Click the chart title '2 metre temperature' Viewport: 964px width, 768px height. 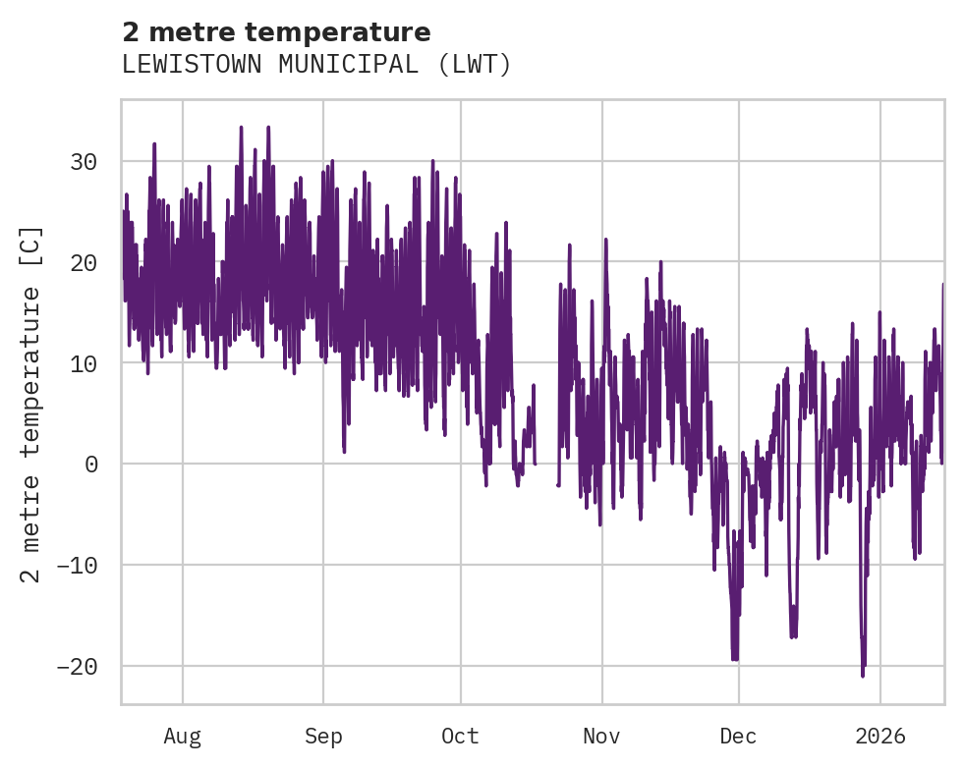[276, 32]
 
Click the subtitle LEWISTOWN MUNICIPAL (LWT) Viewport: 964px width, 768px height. [316, 65]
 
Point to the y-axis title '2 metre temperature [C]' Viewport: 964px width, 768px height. [31, 405]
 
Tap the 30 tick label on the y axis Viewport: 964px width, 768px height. [85, 161]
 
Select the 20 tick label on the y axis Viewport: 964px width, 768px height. [85, 262]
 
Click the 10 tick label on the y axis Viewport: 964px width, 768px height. [85, 363]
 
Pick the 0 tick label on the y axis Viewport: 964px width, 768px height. [91, 464]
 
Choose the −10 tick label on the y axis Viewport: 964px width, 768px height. [78, 565]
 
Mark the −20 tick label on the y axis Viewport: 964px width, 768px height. [78, 666]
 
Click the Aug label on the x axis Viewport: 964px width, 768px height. [183, 736]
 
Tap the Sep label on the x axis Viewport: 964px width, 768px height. [322, 736]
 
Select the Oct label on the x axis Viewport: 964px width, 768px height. [460, 736]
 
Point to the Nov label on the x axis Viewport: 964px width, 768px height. [601, 736]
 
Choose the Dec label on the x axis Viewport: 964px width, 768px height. [739, 736]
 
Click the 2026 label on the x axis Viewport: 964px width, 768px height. [880, 736]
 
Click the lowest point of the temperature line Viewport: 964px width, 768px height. [863, 676]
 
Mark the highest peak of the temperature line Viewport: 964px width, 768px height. [241, 127]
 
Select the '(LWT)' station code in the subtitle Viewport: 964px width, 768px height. [475, 65]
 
